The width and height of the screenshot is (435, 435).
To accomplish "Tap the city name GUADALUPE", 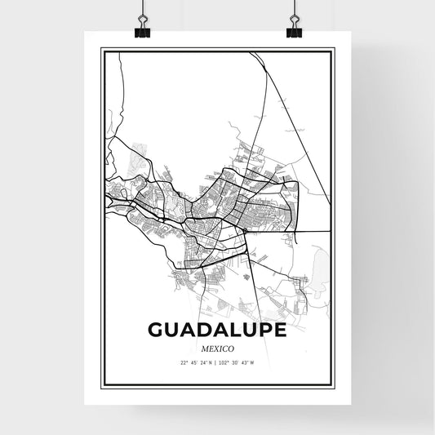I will (x=217, y=330).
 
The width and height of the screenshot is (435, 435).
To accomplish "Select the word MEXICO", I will (x=217, y=348).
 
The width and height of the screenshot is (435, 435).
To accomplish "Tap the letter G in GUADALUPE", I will (x=157, y=330).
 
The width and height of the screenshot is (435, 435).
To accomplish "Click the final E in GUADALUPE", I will (x=279, y=330).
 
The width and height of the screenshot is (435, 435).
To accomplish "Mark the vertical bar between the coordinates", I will (x=217, y=363).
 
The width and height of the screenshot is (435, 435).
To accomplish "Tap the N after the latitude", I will (x=211, y=363).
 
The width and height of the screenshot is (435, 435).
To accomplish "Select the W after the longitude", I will (x=252, y=363).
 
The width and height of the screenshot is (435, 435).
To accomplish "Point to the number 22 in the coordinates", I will (x=184, y=363).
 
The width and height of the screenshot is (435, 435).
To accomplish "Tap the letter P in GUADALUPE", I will (x=263, y=330).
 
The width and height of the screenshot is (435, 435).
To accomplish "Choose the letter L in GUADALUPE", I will (x=232, y=330).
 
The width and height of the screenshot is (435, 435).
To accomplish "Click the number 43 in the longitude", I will (x=246, y=363).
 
